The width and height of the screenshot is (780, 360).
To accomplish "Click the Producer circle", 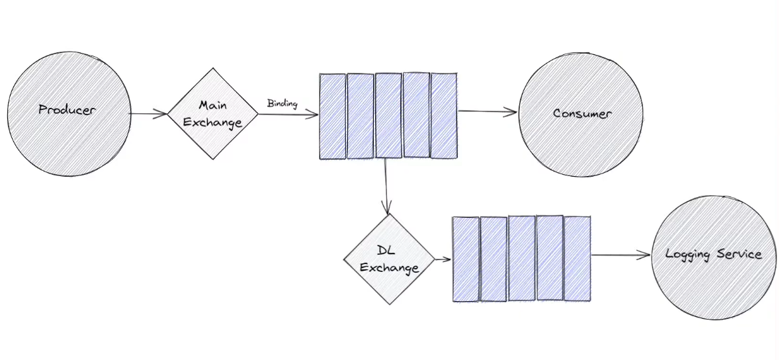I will [67, 111].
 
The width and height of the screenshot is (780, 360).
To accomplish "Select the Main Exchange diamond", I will [212, 114].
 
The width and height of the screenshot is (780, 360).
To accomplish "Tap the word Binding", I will [282, 104].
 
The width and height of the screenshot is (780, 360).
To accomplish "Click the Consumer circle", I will [582, 113].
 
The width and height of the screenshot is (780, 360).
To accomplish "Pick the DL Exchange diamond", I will [388, 259].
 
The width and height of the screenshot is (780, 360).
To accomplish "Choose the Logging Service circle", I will [713, 255].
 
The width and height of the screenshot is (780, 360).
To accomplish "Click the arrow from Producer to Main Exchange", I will [148, 114].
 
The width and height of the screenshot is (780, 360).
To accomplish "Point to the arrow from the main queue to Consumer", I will [487, 112].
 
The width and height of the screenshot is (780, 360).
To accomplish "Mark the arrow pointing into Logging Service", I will [621, 255].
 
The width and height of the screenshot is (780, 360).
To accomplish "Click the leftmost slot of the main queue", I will [332, 116].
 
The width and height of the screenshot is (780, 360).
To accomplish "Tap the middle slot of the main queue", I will [388, 116].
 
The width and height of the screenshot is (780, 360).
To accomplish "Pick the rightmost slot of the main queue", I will [444, 116].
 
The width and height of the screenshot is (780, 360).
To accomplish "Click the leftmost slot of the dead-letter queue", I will [466, 259].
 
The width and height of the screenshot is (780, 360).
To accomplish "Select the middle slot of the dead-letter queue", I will [522, 258].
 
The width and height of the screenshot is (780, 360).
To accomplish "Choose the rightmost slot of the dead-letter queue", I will [578, 258].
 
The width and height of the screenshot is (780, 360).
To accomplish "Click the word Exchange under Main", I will [212, 122].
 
